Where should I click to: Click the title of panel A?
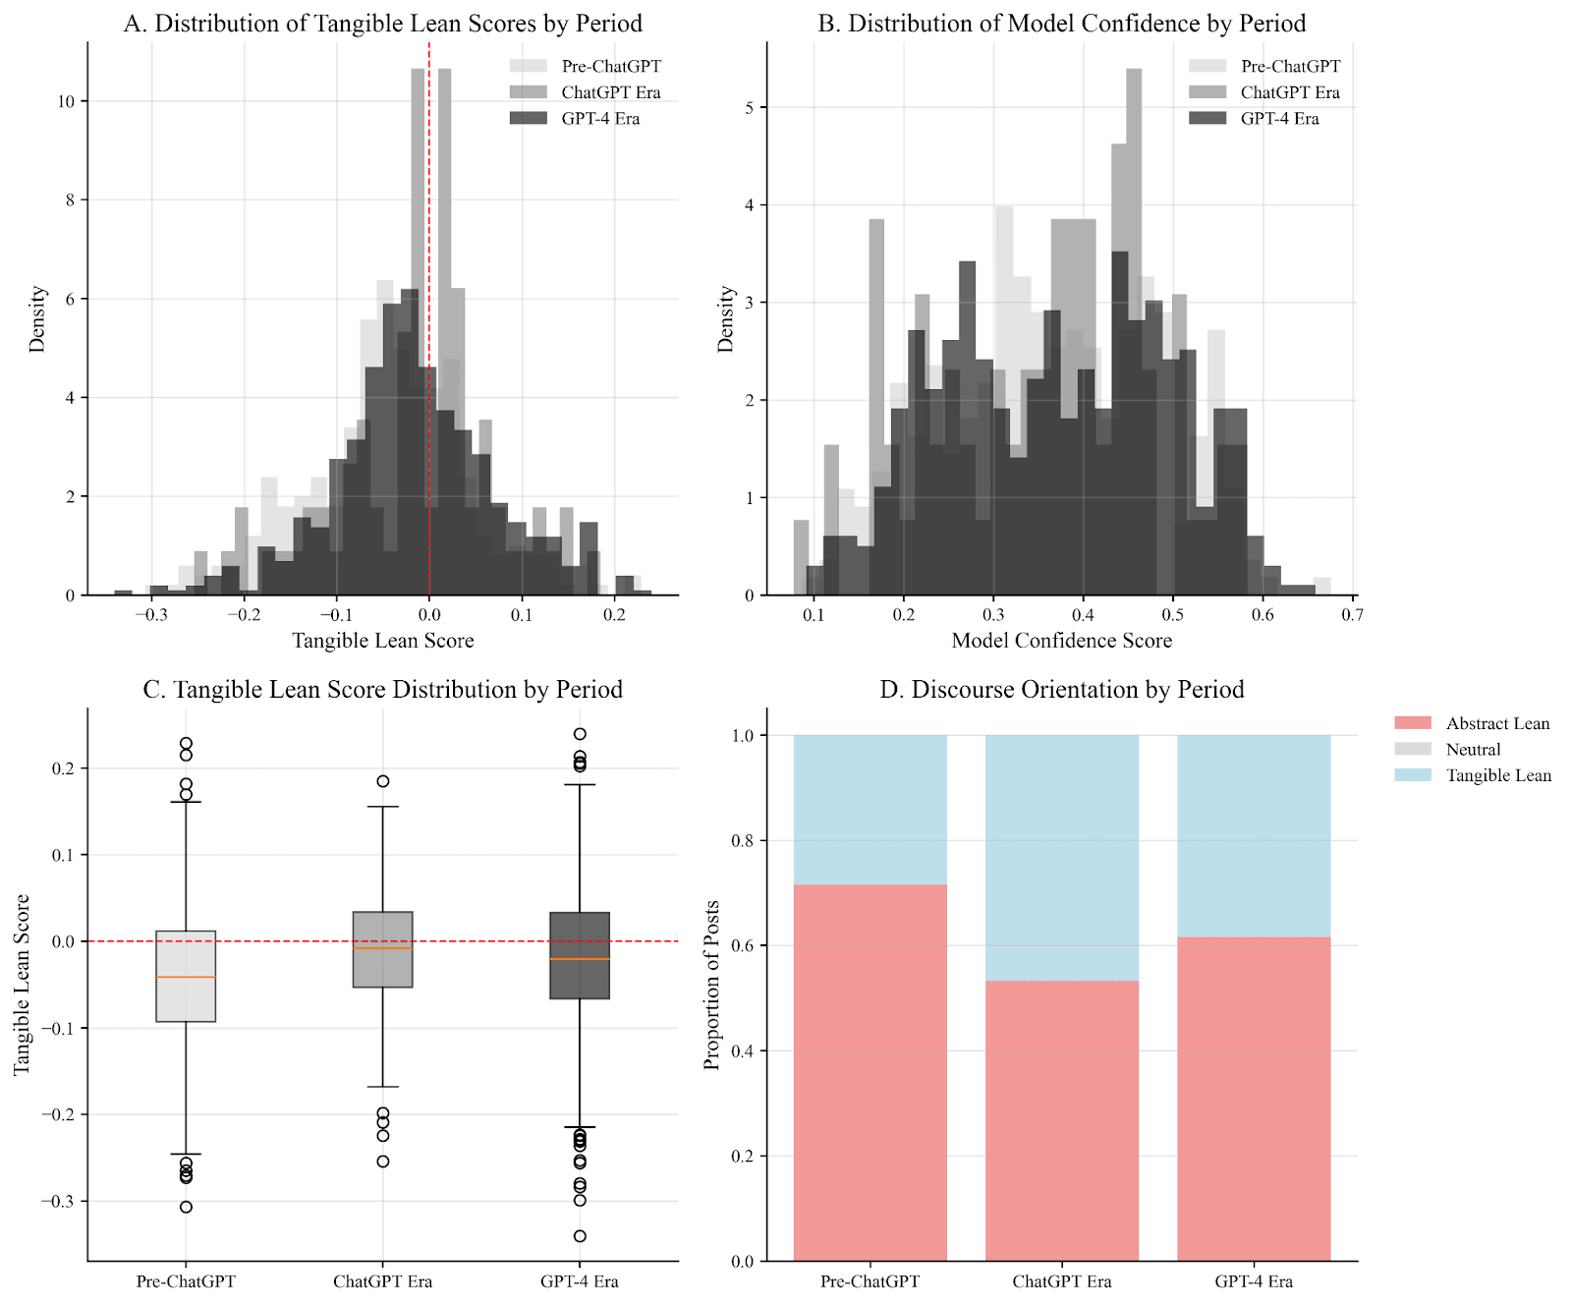pos(382,24)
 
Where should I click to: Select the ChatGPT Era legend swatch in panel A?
pos(528,92)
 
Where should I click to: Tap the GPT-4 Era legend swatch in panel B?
pos(1207,119)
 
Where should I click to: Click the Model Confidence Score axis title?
pos(1061,641)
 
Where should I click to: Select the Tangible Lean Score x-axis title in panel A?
pos(382,641)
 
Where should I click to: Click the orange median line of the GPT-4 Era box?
pos(580,959)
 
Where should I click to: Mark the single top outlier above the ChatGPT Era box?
pos(383,781)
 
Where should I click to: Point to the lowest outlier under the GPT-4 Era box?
pos(580,1236)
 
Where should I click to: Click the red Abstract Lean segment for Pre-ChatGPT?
pos(870,1071)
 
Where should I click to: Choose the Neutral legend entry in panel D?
pos(1473,750)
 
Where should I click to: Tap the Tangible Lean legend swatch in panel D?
pos(1413,775)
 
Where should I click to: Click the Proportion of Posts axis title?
pos(712,985)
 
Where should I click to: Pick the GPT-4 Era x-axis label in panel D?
pos(1253,1281)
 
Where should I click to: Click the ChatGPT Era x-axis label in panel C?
pos(382,1281)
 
